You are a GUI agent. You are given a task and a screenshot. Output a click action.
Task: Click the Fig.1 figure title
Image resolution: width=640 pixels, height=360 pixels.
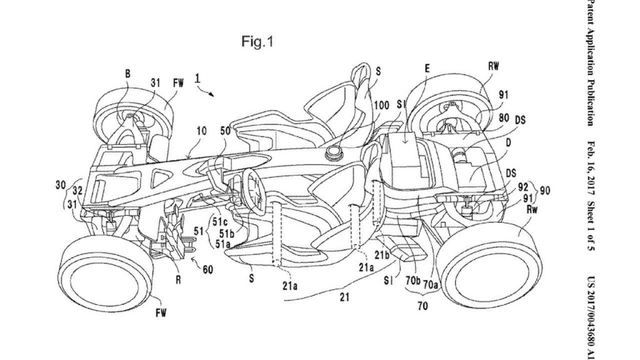tap(257, 42)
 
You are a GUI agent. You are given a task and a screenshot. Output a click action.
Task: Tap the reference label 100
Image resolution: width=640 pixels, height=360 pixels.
tap(381, 105)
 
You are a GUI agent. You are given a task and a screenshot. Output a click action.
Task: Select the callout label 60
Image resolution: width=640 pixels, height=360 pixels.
tap(207, 270)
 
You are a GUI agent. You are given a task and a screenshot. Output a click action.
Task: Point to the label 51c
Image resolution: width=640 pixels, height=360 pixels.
tap(219, 222)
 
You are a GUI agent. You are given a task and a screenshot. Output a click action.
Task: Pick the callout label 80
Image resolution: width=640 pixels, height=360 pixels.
tap(504, 118)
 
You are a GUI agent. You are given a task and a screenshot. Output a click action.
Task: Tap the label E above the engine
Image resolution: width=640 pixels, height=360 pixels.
tap(427, 69)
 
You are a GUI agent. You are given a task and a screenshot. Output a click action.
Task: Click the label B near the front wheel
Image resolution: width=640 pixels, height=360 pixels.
tap(127, 74)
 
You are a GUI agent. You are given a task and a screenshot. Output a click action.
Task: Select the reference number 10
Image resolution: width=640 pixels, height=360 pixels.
tap(202, 131)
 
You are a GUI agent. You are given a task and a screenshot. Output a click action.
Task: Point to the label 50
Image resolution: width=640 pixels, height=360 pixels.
tap(225, 131)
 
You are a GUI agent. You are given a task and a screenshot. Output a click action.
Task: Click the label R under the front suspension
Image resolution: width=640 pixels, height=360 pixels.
tap(178, 280)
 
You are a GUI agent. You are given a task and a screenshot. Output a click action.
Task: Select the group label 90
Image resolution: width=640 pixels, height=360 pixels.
tap(544, 190)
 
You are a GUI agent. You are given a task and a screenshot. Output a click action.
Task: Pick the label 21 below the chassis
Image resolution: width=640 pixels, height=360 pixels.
tap(345, 297)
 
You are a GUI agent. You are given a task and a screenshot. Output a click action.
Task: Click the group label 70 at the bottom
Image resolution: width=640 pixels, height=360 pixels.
tap(423, 305)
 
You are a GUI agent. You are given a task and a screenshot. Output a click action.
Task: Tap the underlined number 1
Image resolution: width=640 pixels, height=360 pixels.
tap(197, 78)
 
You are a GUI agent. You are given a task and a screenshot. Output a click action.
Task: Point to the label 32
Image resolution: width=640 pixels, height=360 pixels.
tap(77, 191)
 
